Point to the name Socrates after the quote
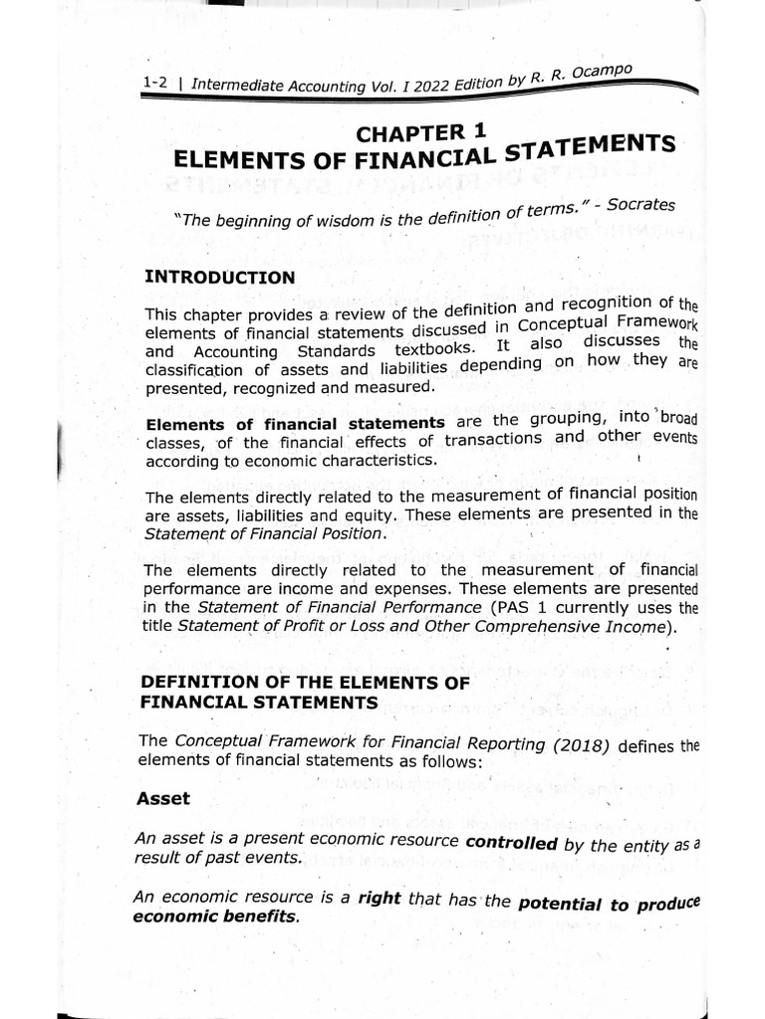[x=641, y=204]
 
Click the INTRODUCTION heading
[x=219, y=277]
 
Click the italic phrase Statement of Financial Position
[x=263, y=533]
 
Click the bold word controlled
[x=511, y=842]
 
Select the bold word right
[x=380, y=898]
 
